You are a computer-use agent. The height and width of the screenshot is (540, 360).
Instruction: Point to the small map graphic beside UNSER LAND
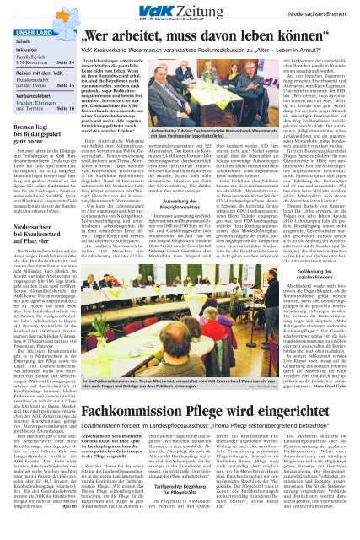(x=54, y=30)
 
